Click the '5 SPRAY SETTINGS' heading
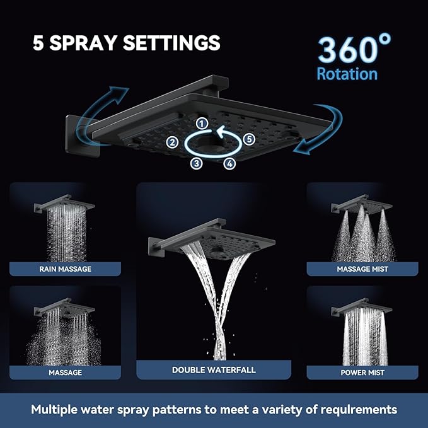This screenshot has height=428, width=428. coord(126,43)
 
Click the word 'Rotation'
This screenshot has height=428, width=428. coord(347,74)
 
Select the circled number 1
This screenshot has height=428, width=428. coord(201,123)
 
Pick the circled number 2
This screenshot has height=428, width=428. coord(171,142)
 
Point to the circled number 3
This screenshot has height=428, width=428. coord(197,164)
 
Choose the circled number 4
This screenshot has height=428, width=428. coord(229,164)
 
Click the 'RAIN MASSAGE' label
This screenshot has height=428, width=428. coord(65,269)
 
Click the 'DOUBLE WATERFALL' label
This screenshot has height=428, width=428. coord(214,370)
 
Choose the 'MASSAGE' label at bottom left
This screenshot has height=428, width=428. coord(65,373)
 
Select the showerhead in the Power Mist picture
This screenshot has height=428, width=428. coord(359,308)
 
